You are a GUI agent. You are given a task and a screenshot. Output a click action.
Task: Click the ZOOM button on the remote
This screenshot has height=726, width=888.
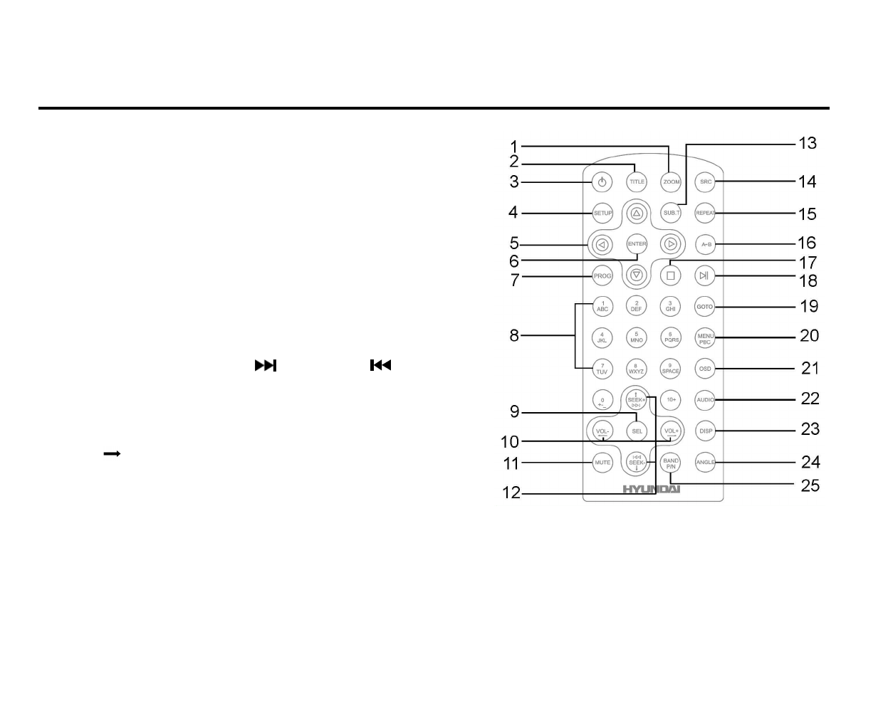(x=671, y=182)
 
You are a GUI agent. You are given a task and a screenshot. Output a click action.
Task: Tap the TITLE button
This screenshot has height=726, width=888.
(x=637, y=181)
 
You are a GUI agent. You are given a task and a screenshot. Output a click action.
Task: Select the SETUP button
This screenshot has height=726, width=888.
(x=602, y=213)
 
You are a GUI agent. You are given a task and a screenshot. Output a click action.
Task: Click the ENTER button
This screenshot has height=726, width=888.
(x=637, y=244)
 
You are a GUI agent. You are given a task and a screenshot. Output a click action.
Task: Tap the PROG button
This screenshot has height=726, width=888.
(x=602, y=276)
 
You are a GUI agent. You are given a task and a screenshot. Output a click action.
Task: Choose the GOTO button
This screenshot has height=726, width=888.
(x=705, y=307)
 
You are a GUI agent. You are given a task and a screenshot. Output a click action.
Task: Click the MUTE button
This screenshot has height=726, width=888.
(x=602, y=463)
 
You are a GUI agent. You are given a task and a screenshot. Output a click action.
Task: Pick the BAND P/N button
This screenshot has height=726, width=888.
(x=671, y=463)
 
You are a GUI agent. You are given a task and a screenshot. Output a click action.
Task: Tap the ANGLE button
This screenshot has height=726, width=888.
(x=705, y=463)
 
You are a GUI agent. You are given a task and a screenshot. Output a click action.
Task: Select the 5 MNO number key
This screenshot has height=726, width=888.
(x=637, y=337)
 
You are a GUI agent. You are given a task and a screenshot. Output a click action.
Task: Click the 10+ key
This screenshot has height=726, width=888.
(x=671, y=400)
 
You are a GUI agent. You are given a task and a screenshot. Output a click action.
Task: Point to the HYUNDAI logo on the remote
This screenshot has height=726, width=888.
(x=652, y=489)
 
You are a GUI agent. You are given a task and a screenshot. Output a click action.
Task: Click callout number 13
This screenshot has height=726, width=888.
(x=808, y=143)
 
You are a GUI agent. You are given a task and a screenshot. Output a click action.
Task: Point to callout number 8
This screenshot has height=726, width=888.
(x=514, y=335)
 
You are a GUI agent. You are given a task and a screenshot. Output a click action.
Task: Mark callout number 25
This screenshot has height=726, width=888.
(x=810, y=485)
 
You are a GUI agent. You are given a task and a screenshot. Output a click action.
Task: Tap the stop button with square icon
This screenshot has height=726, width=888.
(x=670, y=275)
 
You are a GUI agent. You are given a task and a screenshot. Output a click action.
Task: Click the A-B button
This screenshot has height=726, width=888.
(x=705, y=244)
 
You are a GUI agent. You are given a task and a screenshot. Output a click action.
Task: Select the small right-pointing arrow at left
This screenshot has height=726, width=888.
(x=112, y=453)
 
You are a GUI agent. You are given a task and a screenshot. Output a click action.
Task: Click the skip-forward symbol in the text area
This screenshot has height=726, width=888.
(x=266, y=366)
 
